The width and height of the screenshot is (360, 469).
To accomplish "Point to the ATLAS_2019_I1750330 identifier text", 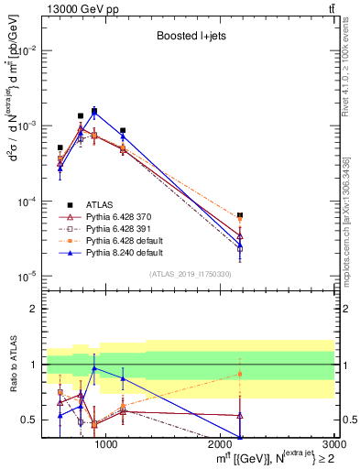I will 190,274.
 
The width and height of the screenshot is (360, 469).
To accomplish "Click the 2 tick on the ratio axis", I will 33,309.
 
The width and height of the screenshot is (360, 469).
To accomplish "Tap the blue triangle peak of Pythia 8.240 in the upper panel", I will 94,112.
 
